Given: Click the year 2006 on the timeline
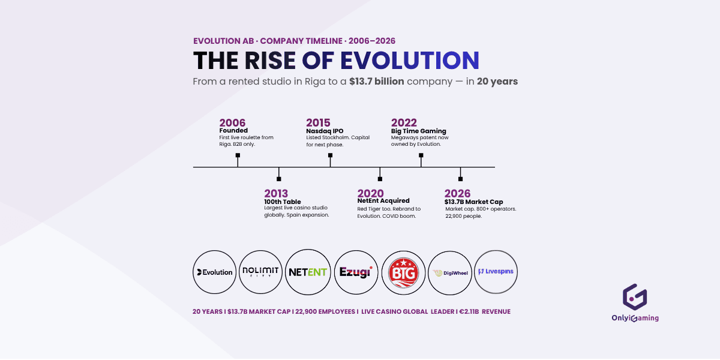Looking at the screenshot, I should click(x=232, y=123).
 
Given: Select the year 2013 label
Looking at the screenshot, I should click(x=276, y=193).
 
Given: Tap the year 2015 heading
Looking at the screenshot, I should click(x=318, y=123).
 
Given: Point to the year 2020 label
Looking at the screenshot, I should click(x=370, y=193).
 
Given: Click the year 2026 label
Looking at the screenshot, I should click(x=457, y=193).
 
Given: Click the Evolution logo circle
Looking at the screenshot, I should click(x=215, y=272).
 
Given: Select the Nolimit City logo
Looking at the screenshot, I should click(x=261, y=272).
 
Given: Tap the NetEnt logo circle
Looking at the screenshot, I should click(x=308, y=272).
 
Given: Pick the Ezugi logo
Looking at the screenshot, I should click(x=355, y=272).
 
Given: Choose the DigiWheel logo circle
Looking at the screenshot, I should click(x=449, y=272).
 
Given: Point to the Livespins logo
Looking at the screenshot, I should click(x=496, y=271).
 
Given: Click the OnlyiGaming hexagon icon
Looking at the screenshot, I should click(x=635, y=297).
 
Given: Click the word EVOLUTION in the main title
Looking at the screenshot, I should click(x=410, y=61).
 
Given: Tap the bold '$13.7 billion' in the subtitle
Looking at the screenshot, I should click(x=376, y=82).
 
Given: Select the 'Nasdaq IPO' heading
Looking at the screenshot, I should click(x=325, y=131).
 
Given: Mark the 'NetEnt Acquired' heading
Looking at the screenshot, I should click(x=383, y=201).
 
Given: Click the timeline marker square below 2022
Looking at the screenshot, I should click(x=421, y=155).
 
